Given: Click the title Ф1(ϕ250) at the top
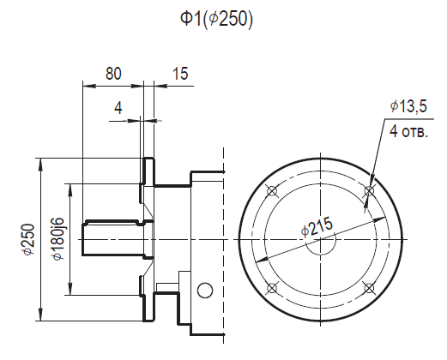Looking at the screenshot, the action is [x=216, y=20].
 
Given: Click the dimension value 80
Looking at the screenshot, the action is [x=113, y=74].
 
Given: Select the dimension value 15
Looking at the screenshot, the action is [x=180, y=74].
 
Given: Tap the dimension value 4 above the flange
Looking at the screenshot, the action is [x=118, y=108].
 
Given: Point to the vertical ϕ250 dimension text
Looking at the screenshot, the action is [x=29, y=239].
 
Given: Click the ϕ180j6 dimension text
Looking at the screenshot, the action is [x=58, y=239].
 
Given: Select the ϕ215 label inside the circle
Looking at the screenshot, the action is [x=317, y=226].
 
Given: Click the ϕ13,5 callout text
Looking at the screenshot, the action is [x=408, y=106].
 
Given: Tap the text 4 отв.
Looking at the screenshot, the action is [x=409, y=132].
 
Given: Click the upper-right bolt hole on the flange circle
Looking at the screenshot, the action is [x=369, y=191].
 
